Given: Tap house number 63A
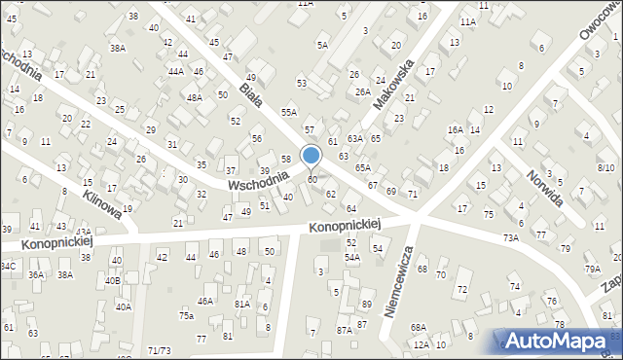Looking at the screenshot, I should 355,139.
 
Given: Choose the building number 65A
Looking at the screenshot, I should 362,168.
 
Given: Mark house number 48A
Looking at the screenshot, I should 195,97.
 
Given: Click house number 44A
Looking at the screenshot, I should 175,72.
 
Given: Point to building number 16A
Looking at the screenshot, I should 455,129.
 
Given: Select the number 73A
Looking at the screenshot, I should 510,237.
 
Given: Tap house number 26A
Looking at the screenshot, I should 362,91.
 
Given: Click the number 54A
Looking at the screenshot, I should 352,257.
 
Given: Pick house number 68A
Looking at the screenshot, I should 418,327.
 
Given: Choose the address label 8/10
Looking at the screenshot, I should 605,168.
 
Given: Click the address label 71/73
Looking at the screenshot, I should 159,349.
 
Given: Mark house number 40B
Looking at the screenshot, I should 113,281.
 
